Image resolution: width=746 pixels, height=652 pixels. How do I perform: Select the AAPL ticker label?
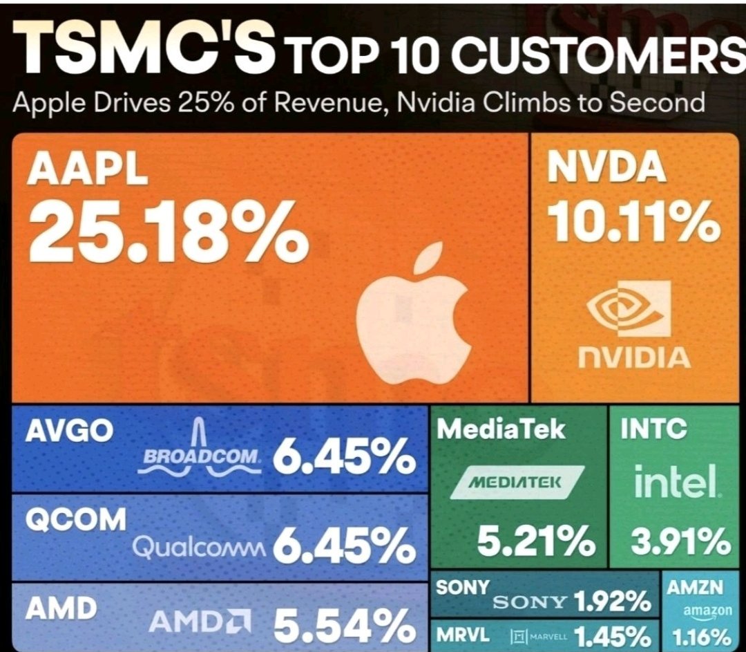pyautogui.click(x=87, y=171)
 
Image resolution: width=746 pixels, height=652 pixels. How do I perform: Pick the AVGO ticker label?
pyautogui.click(x=68, y=431)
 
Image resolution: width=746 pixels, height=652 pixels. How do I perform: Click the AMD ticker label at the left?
pyautogui.click(x=61, y=609)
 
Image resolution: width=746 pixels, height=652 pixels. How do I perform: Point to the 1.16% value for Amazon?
pyautogui.click(x=699, y=635)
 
